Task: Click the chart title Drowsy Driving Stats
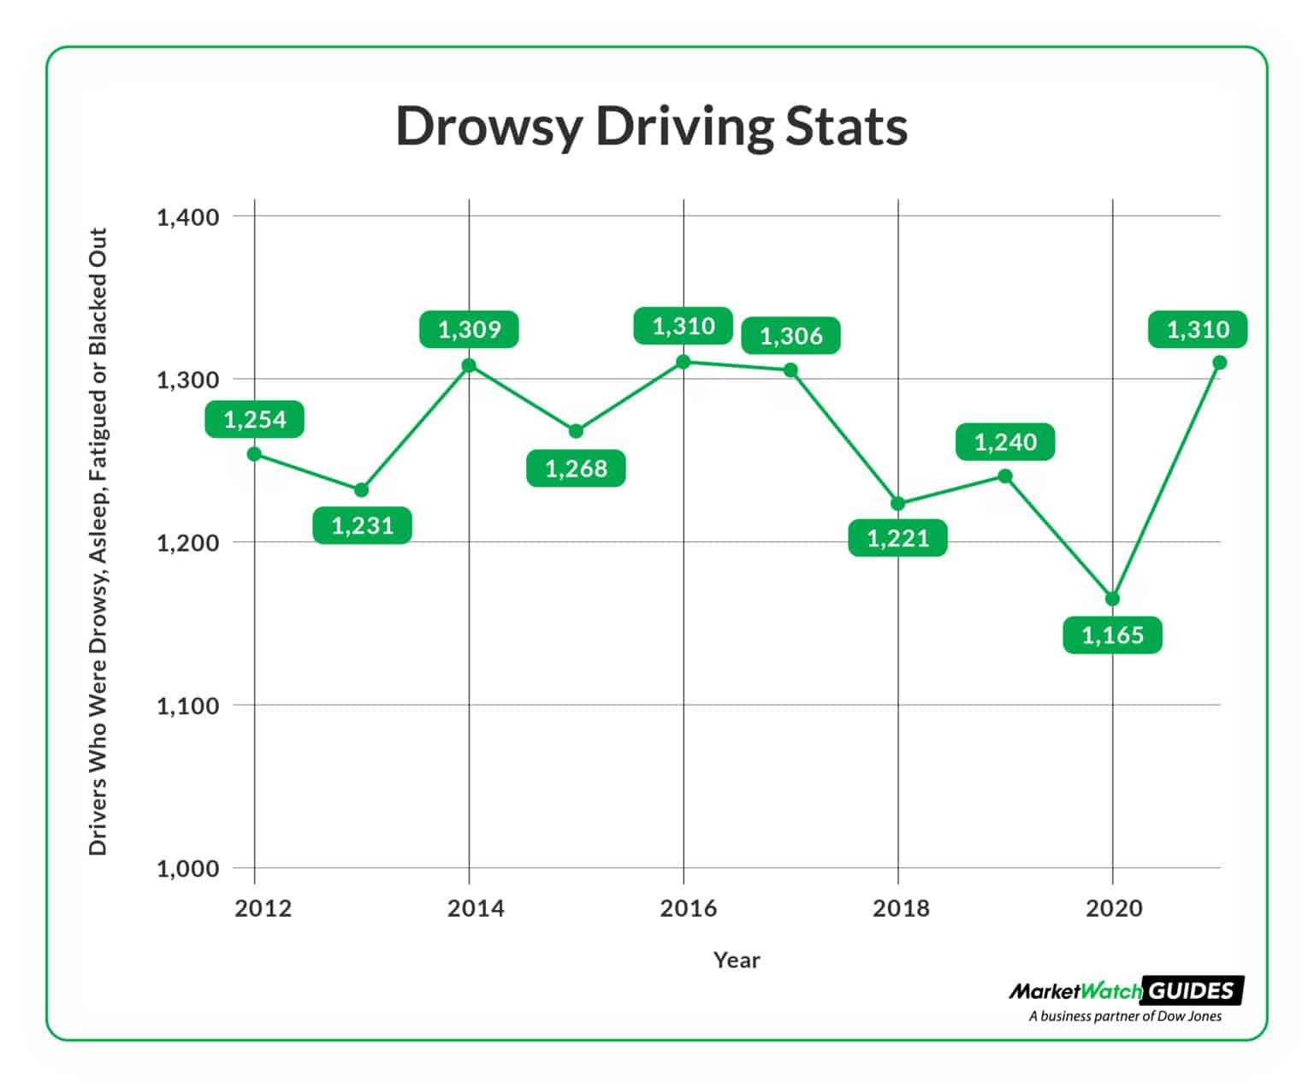pyautogui.click(x=651, y=127)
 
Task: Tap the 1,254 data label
pyautogui.click(x=254, y=419)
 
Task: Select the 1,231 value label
pyautogui.click(x=362, y=525)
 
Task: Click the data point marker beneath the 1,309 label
pyautogui.click(x=469, y=366)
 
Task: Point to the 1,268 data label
pyautogui.click(x=576, y=469)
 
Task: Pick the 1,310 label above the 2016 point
pyautogui.click(x=683, y=326)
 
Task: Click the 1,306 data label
pyautogui.click(x=790, y=336)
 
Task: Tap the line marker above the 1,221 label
pyautogui.click(x=897, y=504)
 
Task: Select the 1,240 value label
pyautogui.click(x=1005, y=442)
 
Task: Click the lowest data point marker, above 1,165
pyautogui.click(x=1112, y=599)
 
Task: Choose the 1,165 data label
pyautogui.click(x=1112, y=635)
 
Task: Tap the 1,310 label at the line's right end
pyautogui.click(x=1198, y=329)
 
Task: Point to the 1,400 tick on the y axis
pyautogui.click(x=187, y=217)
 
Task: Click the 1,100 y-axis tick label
pyautogui.click(x=187, y=706)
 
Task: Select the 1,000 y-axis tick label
pyautogui.click(x=187, y=869)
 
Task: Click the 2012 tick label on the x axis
pyautogui.click(x=263, y=908)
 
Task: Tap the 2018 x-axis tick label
pyautogui.click(x=900, y=908)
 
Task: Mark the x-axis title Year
pyautogui.click(x=737, y=960)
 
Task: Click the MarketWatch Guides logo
pyautogui.click(x=1126, y=991)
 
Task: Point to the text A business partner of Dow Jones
pyautogui.click(x=1125, y=1017)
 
